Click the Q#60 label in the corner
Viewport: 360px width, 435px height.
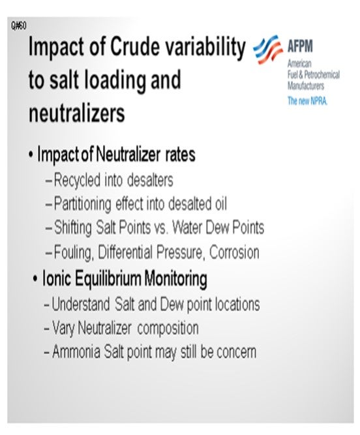19,26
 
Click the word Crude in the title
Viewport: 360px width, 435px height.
135,46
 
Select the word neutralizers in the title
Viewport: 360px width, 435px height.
77,113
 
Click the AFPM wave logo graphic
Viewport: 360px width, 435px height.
267,49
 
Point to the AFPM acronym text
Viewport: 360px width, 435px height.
300,46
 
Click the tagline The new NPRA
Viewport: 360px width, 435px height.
307,100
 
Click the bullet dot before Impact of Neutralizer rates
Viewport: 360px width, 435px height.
31,155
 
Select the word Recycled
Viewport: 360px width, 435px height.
77,180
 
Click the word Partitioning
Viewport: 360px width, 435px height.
82,204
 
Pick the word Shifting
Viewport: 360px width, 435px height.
72,228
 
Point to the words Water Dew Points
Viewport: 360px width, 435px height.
218,228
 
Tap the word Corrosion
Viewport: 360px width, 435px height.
234,252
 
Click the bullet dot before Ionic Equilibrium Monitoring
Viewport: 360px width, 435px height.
35,278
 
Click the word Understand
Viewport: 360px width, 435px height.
81,304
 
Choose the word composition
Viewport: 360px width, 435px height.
168,329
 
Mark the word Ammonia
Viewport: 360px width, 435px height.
76,352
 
